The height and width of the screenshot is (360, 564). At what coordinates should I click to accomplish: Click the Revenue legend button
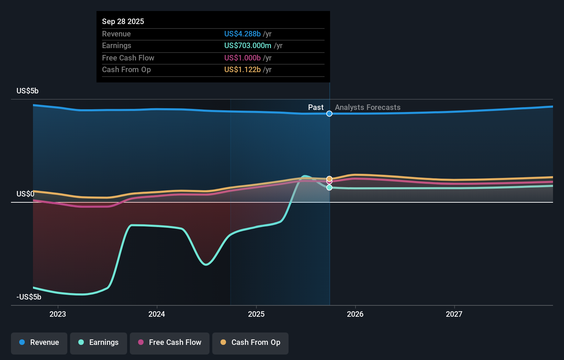(39, 343)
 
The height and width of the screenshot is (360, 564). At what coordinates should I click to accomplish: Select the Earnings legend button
(99, 343)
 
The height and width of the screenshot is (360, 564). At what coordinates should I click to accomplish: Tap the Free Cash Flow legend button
(170, 343)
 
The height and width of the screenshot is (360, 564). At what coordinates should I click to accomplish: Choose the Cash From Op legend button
(250, 343)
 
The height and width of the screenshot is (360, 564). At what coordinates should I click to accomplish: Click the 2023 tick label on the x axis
(58, 314)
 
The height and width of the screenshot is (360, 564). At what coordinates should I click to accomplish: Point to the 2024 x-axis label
(157, 314)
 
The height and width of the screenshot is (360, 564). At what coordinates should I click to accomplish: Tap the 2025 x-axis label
(256, 314)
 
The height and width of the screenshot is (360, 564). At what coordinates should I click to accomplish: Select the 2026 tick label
(355, 314)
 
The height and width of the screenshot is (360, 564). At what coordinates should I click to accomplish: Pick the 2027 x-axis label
(454, 314)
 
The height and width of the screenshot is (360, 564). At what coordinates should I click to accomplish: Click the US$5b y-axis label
(27, 91)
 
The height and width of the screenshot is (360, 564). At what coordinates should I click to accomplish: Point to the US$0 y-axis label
(25, 194)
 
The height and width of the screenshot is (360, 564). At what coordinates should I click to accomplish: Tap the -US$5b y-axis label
(29, 297)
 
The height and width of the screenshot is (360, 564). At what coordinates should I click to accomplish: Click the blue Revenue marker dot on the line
(329, 114)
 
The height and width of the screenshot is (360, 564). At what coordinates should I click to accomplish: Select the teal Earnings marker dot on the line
(329, 188)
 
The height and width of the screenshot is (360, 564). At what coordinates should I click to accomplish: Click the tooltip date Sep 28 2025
(123, 21)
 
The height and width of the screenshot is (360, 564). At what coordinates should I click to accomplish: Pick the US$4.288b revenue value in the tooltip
(242, 34)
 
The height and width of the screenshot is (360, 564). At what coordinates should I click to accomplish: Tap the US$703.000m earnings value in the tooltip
(248, 46)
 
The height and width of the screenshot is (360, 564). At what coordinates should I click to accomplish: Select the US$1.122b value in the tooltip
(242, 70)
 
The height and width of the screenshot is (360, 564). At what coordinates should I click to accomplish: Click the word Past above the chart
(316, 108)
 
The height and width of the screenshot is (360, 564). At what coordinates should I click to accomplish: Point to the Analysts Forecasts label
(368, 108)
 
